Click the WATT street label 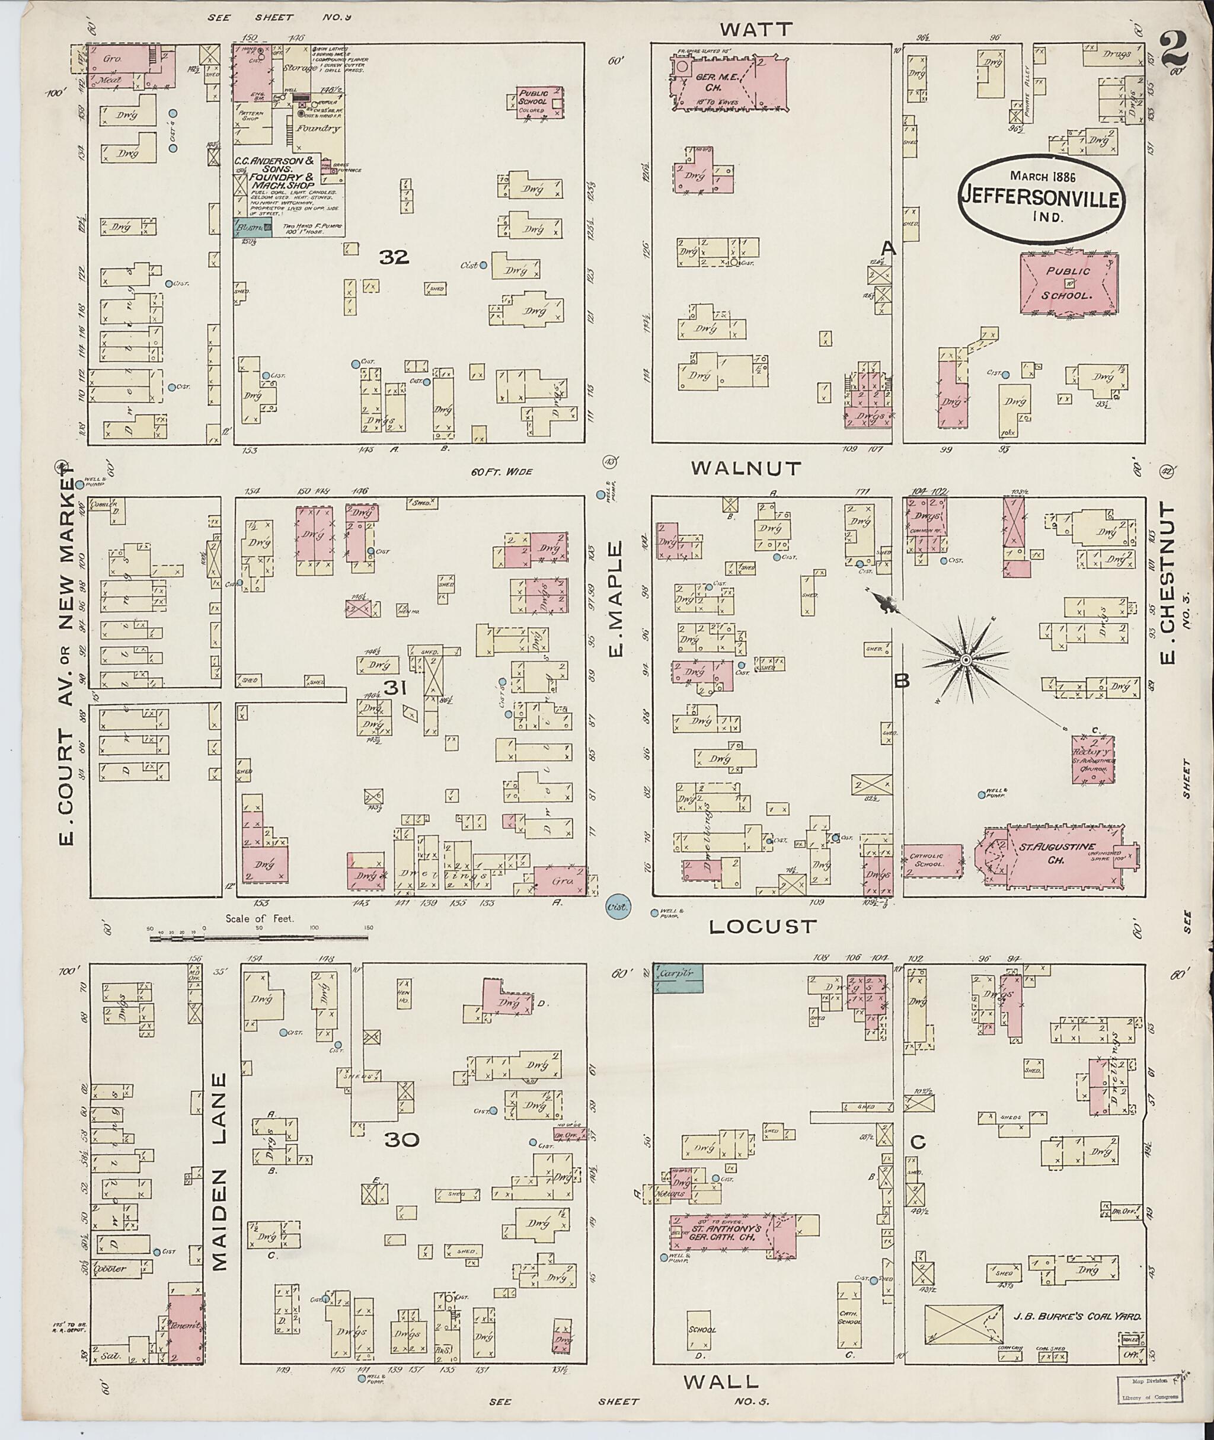click(x=756, y=29)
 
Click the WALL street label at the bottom click(x=721, y=1380)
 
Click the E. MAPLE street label click(x=615, y=599)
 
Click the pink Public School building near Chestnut click(x=1069, y=283)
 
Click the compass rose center click(x=966, y=659)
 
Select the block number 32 click(x=394, y=257)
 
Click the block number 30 click(x=402, y=1140)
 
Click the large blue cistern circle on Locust click(x=617, y=906)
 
